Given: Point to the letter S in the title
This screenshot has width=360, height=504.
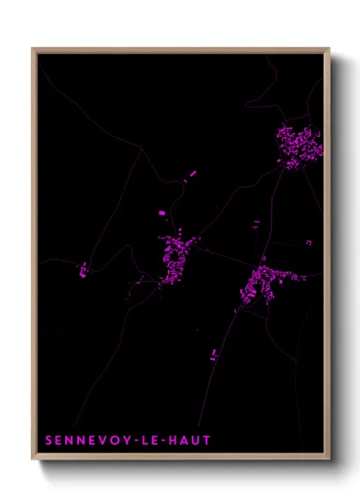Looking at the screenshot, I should tap(49, 441).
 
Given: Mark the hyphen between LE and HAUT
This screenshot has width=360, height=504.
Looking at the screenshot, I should tap(166, 441).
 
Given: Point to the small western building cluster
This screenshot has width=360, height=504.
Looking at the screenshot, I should tap(83, 272).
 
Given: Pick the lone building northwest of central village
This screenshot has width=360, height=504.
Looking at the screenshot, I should tap(159, 212).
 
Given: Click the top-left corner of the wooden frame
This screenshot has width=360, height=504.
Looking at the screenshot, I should tap(33, 49).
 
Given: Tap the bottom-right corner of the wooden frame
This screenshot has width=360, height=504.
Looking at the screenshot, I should tap(329, 460).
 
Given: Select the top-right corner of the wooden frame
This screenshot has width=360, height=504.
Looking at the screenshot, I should tap(329, 49).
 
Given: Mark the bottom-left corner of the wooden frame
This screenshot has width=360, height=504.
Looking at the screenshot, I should tap(33, 460).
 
